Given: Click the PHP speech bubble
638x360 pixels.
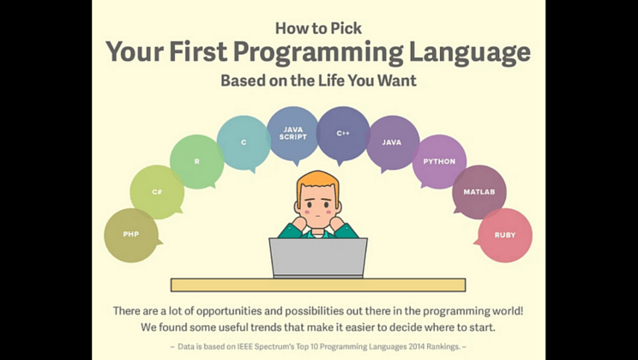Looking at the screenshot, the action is click(131, 235).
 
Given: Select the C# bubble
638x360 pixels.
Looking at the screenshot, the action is click(157, 192).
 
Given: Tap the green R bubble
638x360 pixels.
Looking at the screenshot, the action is click(197, 161).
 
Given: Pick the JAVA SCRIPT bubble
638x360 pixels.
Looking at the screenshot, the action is click(293, 134).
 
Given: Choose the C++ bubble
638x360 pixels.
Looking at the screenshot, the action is click(343, 134).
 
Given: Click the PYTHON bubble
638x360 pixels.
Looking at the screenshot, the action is click(439, 161).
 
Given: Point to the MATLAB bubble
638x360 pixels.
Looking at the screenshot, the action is click(479, 192).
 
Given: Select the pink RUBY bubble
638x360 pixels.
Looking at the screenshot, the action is click(505, 235).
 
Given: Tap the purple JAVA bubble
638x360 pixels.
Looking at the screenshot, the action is click(392, 142).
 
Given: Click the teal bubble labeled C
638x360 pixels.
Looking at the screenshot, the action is click(244, 142).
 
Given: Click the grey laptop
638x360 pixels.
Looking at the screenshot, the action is click(318, 258).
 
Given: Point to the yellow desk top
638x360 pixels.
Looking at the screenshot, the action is click(318, 285).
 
